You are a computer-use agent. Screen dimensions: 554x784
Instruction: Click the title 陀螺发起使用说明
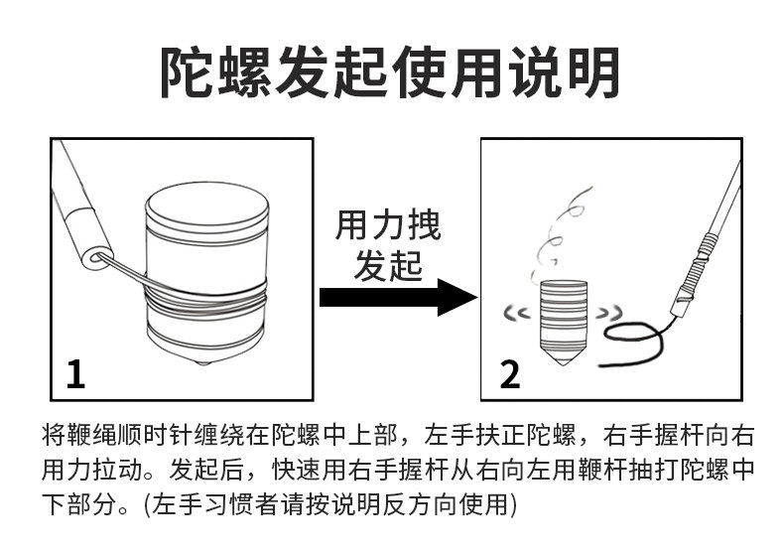391,71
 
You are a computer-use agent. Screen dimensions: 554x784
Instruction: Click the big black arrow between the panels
397,296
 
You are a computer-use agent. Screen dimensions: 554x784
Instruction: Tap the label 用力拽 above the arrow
388,226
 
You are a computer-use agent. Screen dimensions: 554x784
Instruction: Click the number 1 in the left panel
75,374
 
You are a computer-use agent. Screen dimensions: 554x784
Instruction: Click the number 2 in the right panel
508,374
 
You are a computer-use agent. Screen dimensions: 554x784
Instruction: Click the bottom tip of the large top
206,363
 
